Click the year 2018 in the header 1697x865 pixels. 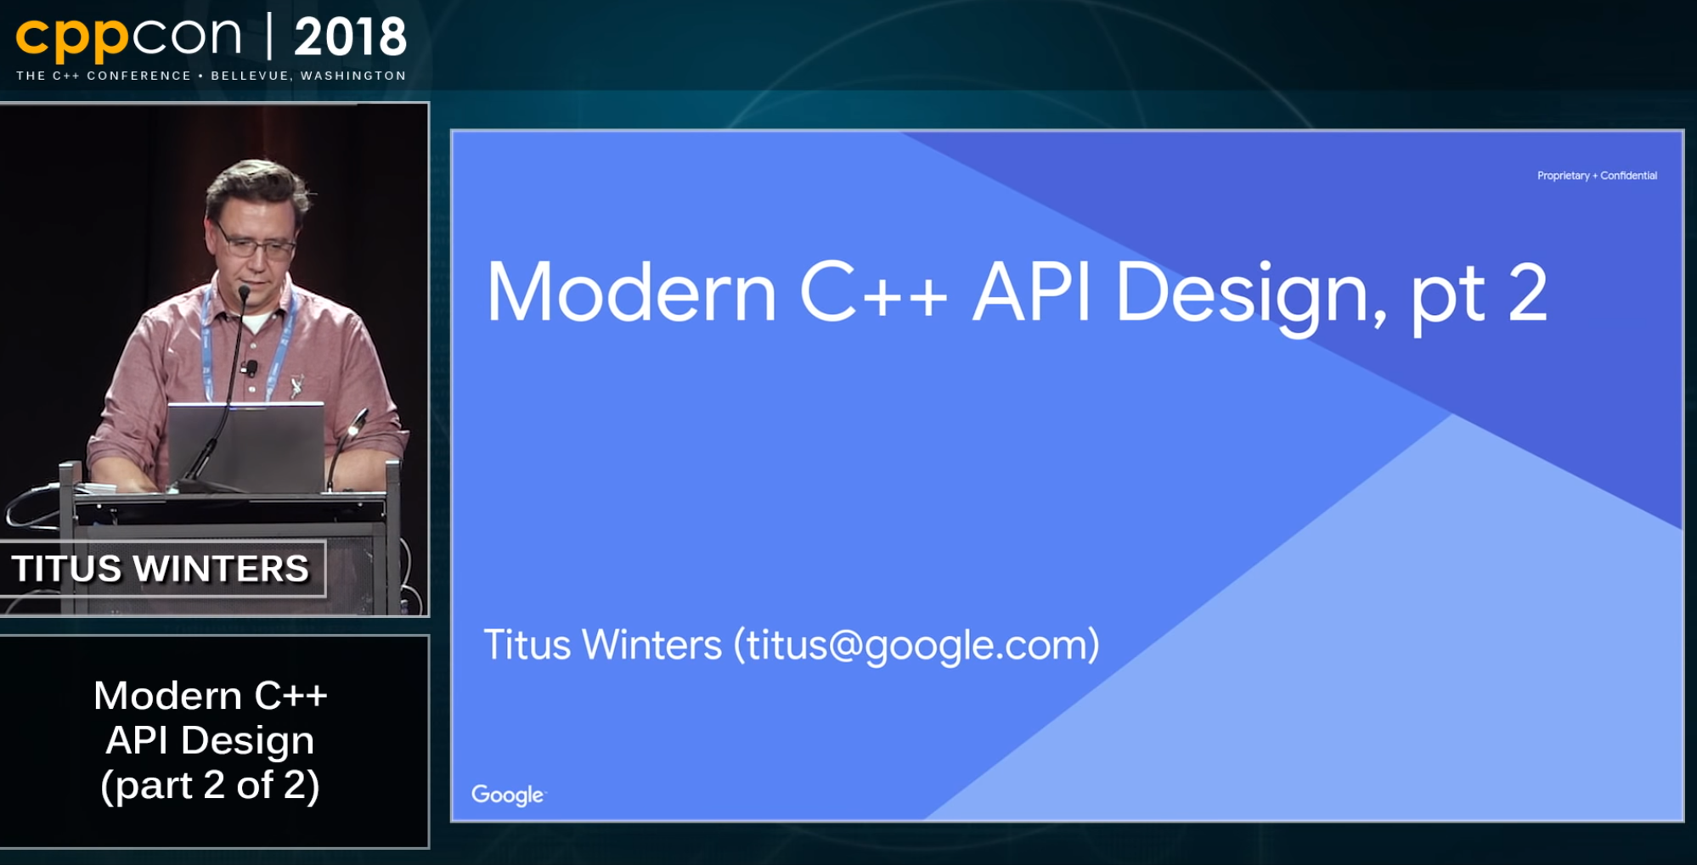pyautogui.click(x=350, y=37)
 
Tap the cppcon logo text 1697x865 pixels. pyautogui.click(x=128, y=37)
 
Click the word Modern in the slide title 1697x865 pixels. pyautogui.click(x=631, y=293)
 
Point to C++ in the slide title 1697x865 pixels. pyautogui.click(x=873, y=293)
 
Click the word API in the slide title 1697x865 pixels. pyautogui.click(x=1031, y=293)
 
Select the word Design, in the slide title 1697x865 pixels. pyautogui.click(x=1251, y=296)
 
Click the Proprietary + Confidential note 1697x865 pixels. pyautogui.click(x=1597, y=176)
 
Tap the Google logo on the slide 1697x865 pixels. pyautogui.click(x=509, y=795)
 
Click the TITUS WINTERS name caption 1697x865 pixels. pyautogui.click(x=161, y=569)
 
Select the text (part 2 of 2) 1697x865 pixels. pyautogui.click(x=210, y=785)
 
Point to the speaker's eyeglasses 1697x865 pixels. pyautogui.click(x=255, y=244)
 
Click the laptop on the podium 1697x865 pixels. pyautogui.click(x=245, y=447)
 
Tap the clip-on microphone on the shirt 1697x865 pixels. pyautogui.click(x=250, y=368)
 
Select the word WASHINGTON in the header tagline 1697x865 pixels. pyautogui.click(x=353, y=76)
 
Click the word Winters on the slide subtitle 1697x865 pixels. pyautogui.click(x=651, y=644)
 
